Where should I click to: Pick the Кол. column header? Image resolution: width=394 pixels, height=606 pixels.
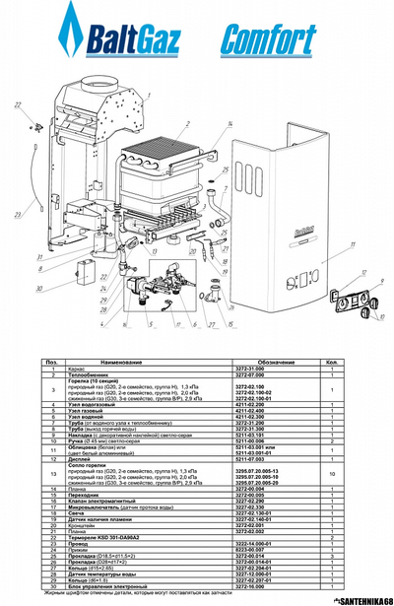click(361, 364)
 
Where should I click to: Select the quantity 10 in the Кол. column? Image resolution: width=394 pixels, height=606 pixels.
click(361, 474)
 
